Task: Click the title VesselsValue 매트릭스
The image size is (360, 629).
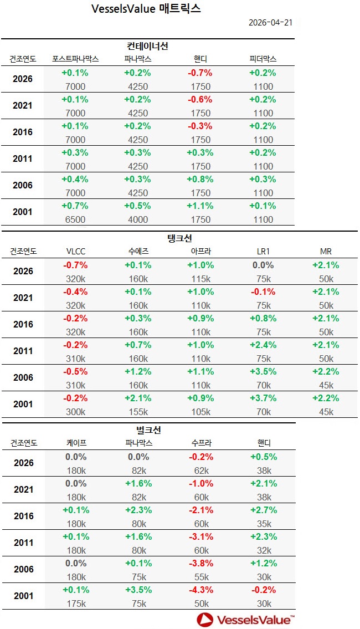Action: [145, 9]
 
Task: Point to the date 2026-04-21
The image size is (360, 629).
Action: [271, 23]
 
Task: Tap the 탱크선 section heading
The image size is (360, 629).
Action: [179, 238]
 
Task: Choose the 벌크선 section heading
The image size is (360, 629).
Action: [148, 429]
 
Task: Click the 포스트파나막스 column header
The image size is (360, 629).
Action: [75, 59]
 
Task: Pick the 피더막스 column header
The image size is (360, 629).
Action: [263, 59]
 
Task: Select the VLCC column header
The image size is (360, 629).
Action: [75, 251]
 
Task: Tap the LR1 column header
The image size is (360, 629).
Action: [263, 251]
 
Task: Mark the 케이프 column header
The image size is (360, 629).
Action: [75, 443]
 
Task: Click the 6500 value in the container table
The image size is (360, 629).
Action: [75, 219]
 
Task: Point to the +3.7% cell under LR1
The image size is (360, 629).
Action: [263, 398]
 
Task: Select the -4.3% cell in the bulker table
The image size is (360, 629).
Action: [200, 590]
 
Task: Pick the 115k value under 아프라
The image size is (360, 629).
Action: [200, 279]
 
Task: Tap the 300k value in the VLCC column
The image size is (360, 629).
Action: [75, 412]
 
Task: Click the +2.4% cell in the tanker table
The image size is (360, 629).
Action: [263, 345]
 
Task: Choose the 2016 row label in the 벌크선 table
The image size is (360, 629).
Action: [23, 516]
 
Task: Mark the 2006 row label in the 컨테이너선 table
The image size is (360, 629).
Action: [23, 185]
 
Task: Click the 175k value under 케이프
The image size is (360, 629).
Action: [75, 604]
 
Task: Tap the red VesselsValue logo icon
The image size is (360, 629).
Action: [205, 620]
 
